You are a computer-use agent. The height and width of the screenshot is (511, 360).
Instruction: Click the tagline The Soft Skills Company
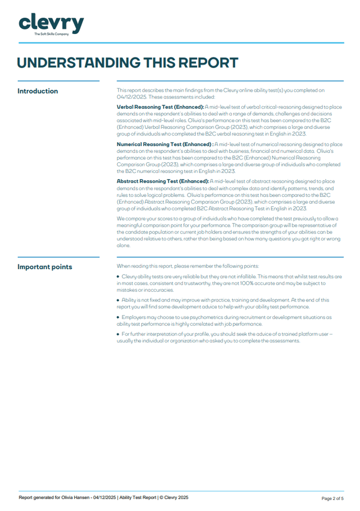[51, 34]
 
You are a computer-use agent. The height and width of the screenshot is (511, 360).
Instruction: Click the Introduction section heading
[38, 91]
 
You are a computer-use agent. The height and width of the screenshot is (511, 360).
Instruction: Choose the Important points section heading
[44, 267]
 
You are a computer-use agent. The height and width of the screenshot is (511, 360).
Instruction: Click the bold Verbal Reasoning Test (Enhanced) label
[160, 107]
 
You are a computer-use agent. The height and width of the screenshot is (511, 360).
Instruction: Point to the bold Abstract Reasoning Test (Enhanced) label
[162, 181]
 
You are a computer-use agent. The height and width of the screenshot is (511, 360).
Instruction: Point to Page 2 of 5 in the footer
[332, 498]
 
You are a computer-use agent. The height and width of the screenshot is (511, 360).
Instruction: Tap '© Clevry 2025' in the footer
[173, 498]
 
